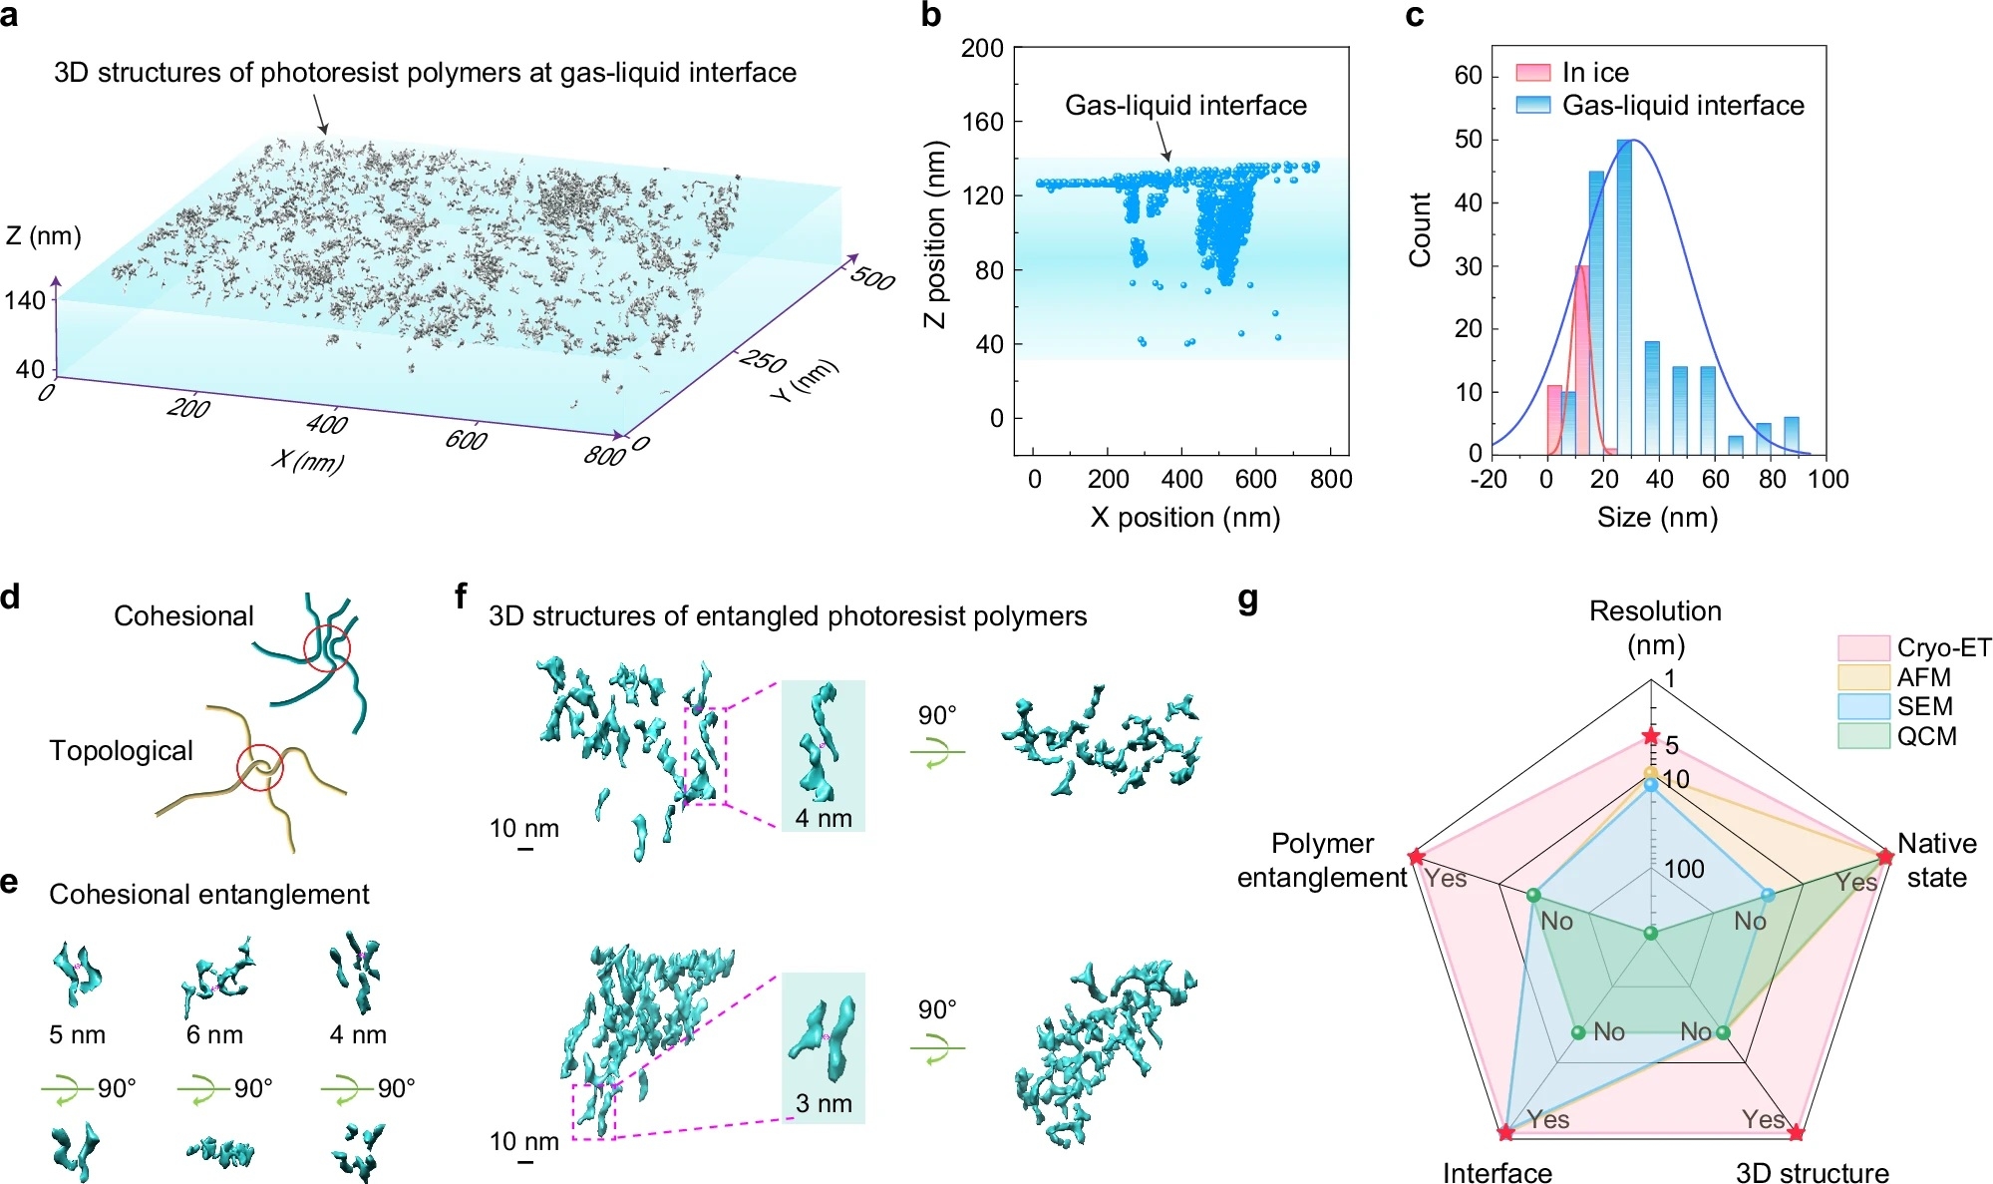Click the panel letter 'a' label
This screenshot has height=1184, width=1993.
(x=10, y=17)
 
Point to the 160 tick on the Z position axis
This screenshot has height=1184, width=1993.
(x=982, y=122)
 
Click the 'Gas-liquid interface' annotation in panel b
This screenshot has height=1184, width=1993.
(x=1185, y=106)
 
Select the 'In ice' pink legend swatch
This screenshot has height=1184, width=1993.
(x=1532, y=73)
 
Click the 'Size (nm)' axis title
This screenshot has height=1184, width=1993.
(x=1657, y=517)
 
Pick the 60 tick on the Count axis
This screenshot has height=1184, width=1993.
(x=1468, y=76)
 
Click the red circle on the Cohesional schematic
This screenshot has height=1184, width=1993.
(x=327, y=647)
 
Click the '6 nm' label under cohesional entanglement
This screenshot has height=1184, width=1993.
(x=214, y=1035)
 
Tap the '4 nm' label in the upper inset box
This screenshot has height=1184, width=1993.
(x=824, y=819)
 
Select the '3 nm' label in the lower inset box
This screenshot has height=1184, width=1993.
(x=824, y=1104)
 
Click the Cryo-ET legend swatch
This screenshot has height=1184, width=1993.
(x=1862, y=648)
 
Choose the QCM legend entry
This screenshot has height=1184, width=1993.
(x=1926, y=736)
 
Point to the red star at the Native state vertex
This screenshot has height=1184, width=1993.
(x=1884, y=857)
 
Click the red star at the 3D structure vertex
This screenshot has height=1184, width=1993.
(x=1796, y=1133)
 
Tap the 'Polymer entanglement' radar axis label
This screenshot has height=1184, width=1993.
(x=1322, y=860)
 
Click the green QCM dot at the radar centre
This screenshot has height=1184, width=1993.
(x=1651, y=934)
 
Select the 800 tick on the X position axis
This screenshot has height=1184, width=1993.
(x=1331, y=480)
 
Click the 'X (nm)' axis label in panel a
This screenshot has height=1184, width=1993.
(x=308, y=460)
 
